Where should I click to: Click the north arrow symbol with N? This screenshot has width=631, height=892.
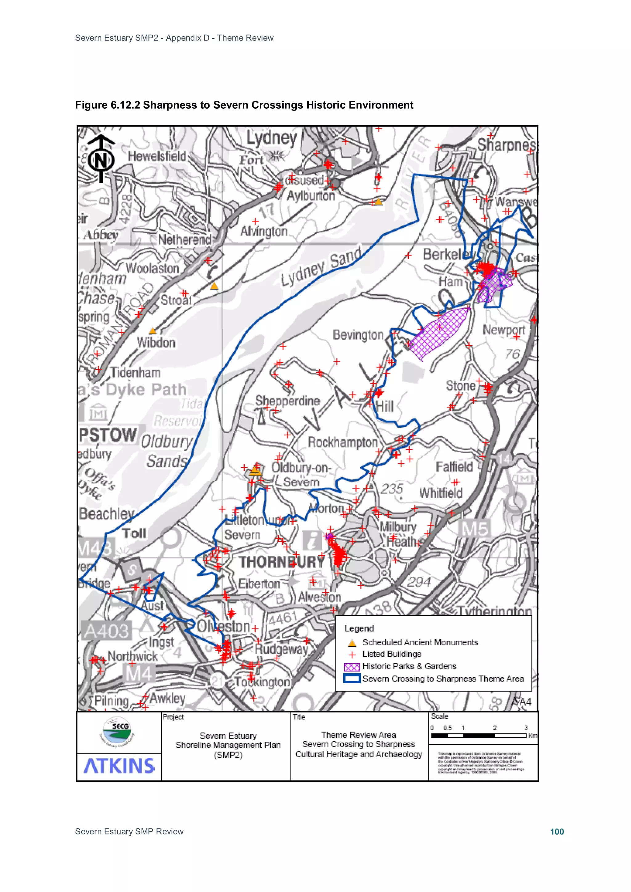[101, 159]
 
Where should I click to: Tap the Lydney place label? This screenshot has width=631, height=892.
[271, 138]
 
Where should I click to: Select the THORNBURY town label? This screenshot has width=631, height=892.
[282, 562]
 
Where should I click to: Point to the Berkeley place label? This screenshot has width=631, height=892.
[448, 254]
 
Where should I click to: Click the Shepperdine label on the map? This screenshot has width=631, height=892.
[288, 401]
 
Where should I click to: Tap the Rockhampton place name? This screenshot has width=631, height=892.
[343, 442]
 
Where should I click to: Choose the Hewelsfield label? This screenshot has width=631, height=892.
[157, 156]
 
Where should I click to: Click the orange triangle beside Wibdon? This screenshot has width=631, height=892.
[153, 331]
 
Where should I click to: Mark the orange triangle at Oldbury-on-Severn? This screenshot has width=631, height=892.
[255, 471]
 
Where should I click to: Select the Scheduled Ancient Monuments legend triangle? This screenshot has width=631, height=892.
[352, 643]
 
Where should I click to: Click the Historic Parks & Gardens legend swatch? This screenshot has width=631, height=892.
[352, 667]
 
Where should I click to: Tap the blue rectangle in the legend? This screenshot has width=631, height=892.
[352, 679]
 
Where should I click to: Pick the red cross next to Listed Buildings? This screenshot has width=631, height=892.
[352, 655]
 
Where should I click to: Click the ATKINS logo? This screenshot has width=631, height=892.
[119, 766]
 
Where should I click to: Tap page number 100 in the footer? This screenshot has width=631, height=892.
[557, 831]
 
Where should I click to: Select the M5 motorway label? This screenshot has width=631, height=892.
[474, 529]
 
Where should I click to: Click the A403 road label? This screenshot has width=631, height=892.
[106, 631]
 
